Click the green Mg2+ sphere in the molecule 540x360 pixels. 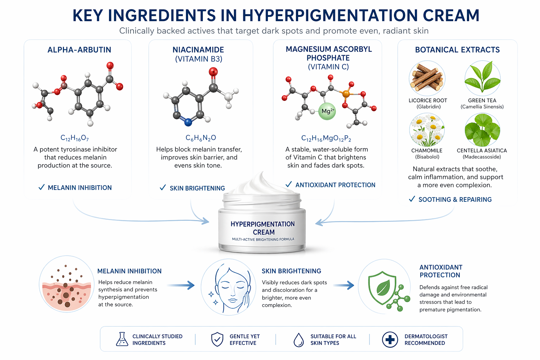click(327, 111)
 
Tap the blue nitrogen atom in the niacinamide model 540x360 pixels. click(188, 122)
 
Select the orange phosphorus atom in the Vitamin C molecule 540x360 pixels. click(346, 94)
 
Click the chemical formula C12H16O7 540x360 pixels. click(75, 138)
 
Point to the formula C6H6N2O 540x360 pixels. click(201, 138)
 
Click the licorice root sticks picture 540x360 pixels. click(427, 78)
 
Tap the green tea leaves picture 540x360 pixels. click(482, 78)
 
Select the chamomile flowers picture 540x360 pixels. click(427, 130)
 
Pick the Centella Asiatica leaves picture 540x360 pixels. click(482, 130)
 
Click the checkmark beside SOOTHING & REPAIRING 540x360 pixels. click(412, 199)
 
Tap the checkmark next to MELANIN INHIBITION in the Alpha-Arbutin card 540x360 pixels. click(41, 187)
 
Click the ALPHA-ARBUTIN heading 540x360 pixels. click(79, 50)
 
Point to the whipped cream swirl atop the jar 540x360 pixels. click(262, 183)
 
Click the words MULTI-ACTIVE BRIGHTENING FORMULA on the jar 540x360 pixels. click(263, 239)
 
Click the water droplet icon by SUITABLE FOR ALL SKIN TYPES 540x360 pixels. click(299, 340)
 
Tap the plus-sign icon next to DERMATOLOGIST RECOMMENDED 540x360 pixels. click(390, 340)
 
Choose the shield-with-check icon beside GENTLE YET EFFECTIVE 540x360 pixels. click(217, 339)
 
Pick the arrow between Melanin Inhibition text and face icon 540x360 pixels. click(181, 285)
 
